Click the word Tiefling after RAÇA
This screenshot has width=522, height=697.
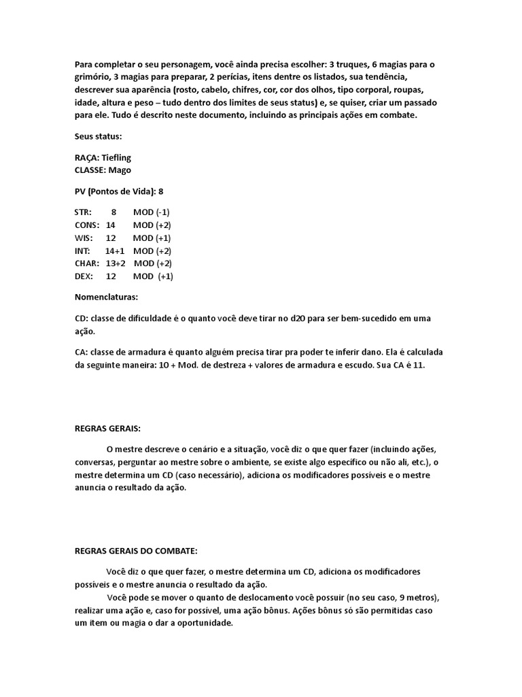tap(116, 158)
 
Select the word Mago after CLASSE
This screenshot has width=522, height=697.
tap(120, 170)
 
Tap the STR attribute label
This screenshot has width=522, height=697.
tap(83, 212)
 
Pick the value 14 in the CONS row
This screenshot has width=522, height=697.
tap(111, 225)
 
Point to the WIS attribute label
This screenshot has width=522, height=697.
tap(83, 238)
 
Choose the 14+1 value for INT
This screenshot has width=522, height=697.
tap(114, 251)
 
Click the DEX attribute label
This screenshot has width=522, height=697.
tap(83, 276)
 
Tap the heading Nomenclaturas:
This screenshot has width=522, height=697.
tap(106, 297)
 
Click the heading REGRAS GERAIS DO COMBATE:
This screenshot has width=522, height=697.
tap(136, 550)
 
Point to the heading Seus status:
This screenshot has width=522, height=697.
tap(99, 137)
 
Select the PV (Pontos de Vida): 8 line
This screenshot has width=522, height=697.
tap(119, 191)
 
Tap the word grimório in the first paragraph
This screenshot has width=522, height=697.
tap(92, 78)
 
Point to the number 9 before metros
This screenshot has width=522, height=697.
tap(400, 598)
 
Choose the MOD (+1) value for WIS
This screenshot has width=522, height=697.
tap(152, 238)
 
